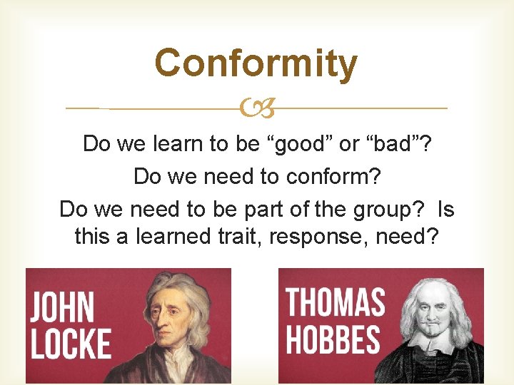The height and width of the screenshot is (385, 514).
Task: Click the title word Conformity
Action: pos(256,63)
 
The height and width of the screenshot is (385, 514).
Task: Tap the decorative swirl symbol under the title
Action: pos(257,109)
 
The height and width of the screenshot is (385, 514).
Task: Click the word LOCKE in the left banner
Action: pos(71,344)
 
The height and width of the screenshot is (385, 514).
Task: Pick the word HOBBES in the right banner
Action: pos(333,339)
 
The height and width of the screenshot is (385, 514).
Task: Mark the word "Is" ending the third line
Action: pos(445,210)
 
